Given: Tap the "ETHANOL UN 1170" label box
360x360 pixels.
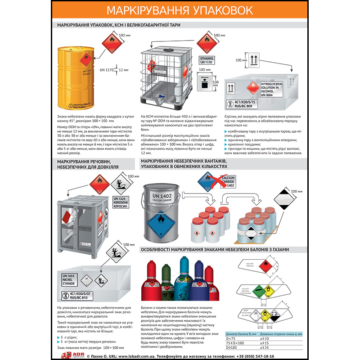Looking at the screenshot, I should (207, 60).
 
